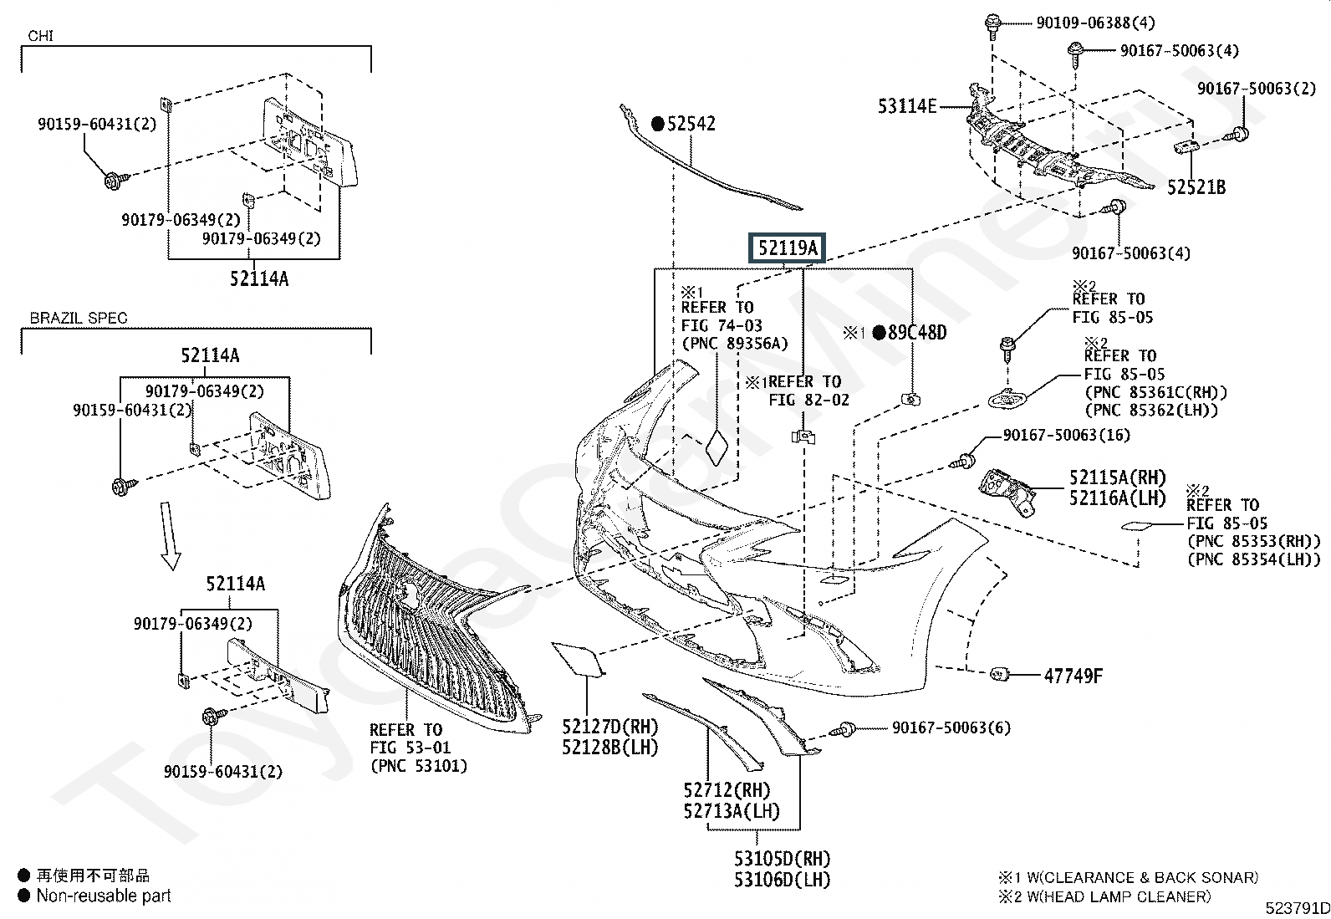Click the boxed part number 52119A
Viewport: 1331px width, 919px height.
coord(787,248)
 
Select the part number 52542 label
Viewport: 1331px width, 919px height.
coord(691,124)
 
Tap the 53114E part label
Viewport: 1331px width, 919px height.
coord(907,106)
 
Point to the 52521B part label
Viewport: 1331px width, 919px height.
coord(1196,187)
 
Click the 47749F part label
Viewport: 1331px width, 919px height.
coord(1073,676)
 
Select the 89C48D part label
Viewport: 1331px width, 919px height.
coord(916,333)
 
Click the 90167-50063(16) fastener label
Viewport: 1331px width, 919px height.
coord(1066,435)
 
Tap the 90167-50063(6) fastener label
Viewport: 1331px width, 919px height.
coord(951,728)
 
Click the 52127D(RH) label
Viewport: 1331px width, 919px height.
coord(610,728)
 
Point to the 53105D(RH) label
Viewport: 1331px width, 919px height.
coord(782,859)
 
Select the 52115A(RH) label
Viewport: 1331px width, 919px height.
coord(1116,478)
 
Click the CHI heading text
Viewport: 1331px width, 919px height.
coord(41,36)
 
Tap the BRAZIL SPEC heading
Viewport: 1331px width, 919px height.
coord(79,318)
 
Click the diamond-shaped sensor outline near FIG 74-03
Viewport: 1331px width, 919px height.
coord(717,447)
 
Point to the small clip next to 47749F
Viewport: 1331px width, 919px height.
coord(997,674)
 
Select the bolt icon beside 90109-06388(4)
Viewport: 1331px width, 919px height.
coord(993,26)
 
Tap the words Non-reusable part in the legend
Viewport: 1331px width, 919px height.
coord(103,896)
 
